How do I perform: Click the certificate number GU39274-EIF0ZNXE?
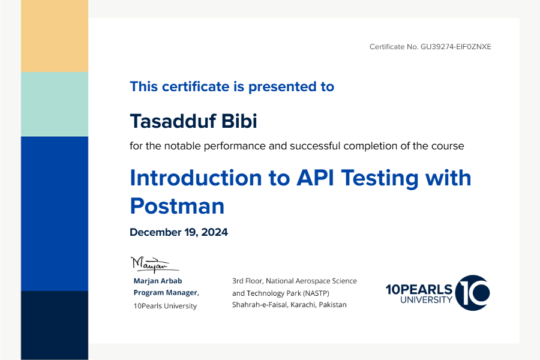click(455, 47)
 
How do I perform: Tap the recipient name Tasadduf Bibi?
click(194, 121)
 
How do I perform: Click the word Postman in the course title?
click(177, 206)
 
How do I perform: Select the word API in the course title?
click(315, 178)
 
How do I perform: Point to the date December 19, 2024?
click(179, 232)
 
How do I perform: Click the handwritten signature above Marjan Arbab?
click(155, 265)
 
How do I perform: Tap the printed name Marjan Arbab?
click(158, 281)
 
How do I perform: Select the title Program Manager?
click(166, 292)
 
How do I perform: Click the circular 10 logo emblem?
click(473, 292)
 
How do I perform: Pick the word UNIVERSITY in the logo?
click(426, 300)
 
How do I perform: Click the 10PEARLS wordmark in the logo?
click(419, 289)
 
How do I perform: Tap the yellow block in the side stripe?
click(55, 36)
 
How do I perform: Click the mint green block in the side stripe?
click(55, 104)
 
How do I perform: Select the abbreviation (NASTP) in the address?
click(316, 293)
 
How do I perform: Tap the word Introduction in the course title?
click(196, 178)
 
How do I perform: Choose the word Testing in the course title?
click(380, 178)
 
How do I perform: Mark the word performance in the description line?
click(235, 146)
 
